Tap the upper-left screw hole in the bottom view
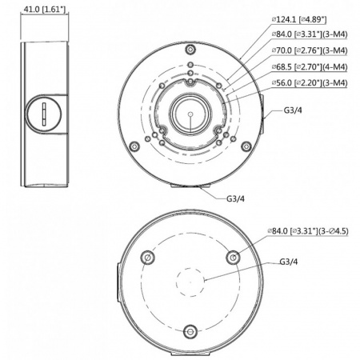click(146, 258)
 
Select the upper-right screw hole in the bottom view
click(233, 258)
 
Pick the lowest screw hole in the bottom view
click(190, 331)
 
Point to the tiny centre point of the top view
click(190, 114)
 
